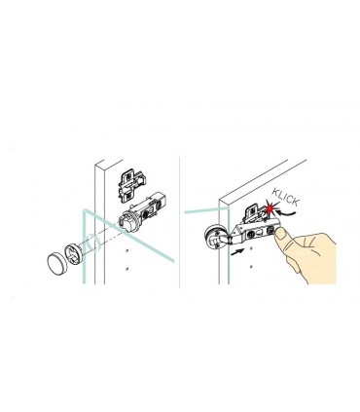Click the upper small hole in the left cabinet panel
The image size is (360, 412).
tap(127, 245)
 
